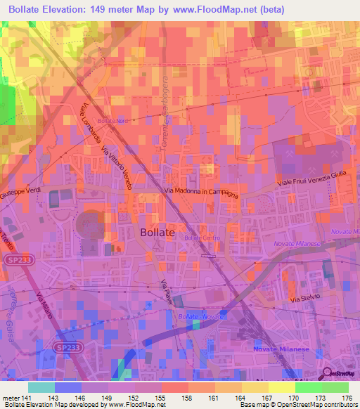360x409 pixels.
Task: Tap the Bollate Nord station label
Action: [113, 121]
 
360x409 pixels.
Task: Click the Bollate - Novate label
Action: [201, 318]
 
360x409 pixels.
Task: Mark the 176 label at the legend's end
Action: [347, 398]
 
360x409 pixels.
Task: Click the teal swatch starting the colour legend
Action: [41, 387]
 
